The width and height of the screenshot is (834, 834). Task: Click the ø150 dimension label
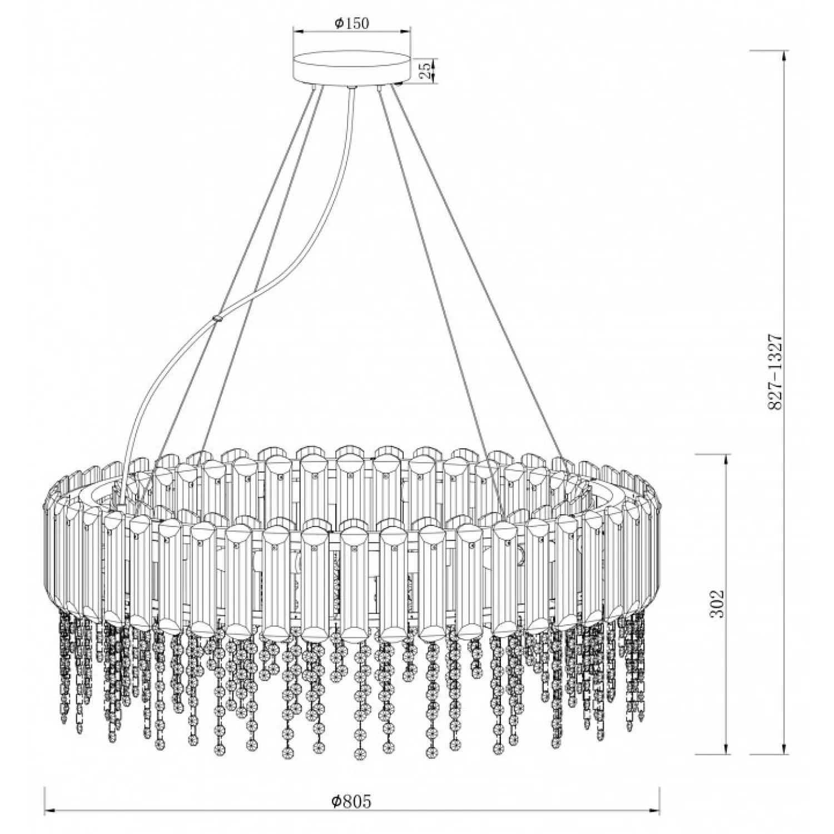point(352,23)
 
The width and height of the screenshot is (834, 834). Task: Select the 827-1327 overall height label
point(775,373)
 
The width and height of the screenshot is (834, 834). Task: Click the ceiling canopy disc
point(352,68)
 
